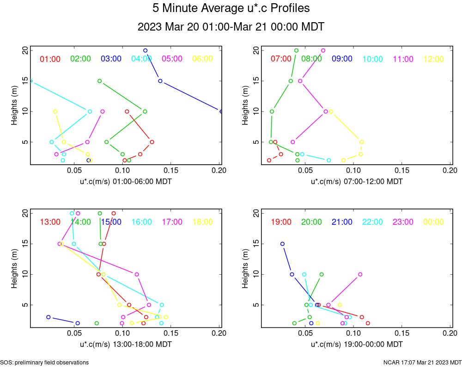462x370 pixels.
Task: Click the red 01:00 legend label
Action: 50,59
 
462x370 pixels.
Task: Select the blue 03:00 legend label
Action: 111,59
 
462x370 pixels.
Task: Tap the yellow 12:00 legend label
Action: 433,59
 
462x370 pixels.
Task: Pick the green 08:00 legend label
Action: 311,59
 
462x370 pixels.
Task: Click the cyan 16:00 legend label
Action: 141,222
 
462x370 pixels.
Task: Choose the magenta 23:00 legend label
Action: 403,222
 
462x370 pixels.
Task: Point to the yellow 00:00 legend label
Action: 433,222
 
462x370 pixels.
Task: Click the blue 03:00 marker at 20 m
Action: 146,50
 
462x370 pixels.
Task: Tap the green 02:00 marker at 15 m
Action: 99,81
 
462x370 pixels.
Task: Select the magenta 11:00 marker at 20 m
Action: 323,50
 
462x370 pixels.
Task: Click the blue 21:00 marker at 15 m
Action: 282,244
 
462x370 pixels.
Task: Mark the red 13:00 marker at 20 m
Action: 114,213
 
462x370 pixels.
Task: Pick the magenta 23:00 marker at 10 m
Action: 360,274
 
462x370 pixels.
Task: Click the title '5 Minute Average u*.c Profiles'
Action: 231,8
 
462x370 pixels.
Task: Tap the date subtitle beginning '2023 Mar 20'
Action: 231,27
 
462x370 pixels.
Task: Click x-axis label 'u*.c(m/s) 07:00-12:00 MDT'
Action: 357,182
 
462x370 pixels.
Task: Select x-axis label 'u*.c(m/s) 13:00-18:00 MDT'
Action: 126,345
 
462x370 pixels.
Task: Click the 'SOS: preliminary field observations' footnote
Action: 44,363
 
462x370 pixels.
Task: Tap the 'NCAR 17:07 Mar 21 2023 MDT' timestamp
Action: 422,363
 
